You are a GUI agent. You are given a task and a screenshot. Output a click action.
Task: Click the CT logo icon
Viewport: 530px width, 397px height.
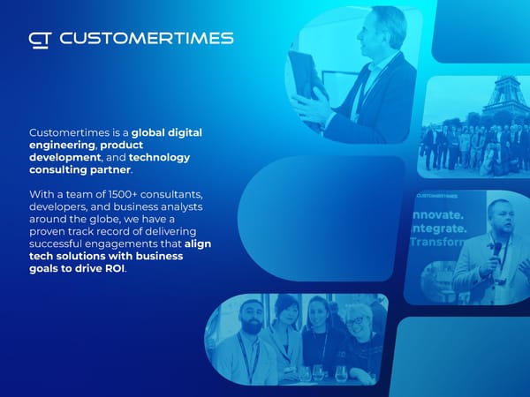pyautogui.click(x=40, y=41)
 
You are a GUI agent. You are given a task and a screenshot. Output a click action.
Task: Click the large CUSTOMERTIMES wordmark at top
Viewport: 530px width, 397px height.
pyautogui.click(x=147, y=38)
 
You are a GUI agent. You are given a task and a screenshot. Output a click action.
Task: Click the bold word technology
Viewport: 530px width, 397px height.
pyautogui.click(x=159, y=158)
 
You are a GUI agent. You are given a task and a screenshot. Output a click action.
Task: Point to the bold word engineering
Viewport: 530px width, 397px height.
pyautogui.click(x=62, y=146)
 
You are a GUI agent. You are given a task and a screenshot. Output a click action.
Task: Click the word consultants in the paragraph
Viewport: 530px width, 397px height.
pyautogui.click(x=171, y=195)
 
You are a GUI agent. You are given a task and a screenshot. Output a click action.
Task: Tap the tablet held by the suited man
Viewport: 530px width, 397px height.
pyautogui.click(x=304, y=75)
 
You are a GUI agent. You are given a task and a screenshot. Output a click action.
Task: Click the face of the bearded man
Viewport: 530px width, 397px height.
pyautogui.click(x=251, y=317)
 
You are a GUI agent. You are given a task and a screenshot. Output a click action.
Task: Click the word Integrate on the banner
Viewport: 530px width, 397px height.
pyautogui.click(x=439, y=228)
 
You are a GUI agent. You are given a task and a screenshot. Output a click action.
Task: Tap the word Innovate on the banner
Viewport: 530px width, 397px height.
pyautogui.click(x=438, y=215)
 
